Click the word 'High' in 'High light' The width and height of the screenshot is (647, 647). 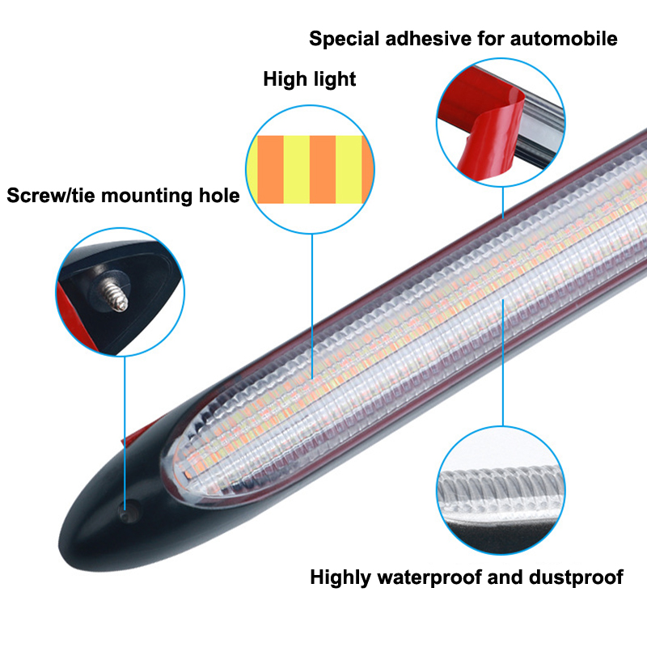coord(284,79)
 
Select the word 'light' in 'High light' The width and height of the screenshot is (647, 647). coord(334,79)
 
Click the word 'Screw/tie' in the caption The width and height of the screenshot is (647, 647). coord(47,196)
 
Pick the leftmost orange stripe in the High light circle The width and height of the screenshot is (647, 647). coord(270,169)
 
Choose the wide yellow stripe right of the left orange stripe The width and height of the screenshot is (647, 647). coord(296,169)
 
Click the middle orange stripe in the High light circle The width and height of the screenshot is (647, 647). coord(322,169)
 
